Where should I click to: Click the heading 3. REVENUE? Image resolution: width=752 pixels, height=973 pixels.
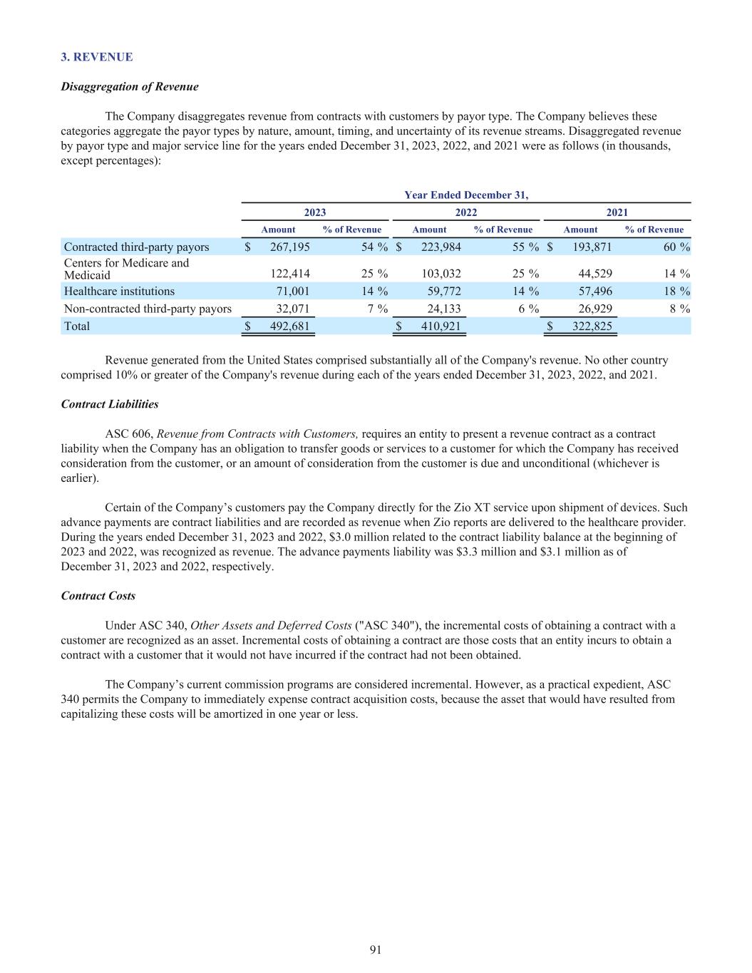(x=97, y=57)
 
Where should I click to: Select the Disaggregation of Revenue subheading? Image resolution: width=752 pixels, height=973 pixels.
(x=130, y=87)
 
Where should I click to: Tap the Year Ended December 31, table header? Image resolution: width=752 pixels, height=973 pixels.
(x=466, y=195)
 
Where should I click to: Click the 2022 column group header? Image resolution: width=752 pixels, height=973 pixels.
(x=466, y=212)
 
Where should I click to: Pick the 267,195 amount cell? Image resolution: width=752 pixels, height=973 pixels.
(x=285, y=247)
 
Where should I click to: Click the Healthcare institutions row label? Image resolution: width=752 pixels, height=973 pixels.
(x=119, y=291)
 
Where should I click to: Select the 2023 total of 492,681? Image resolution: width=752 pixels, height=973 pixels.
(x=287, y=326)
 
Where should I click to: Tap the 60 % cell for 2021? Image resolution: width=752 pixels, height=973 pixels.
(x=674, y=247)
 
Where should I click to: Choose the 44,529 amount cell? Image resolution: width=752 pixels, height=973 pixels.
(x=591, y=273)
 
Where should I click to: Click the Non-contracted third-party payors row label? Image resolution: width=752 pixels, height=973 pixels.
(x=148, y=309)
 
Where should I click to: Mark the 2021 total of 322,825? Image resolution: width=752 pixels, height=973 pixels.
(x=588, y=326)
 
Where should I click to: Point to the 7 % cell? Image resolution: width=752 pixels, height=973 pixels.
(x=377, y=309)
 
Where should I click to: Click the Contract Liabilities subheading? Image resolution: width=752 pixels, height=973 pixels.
(x=110, y=404)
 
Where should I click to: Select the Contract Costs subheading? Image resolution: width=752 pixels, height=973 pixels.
(x=98, y=596)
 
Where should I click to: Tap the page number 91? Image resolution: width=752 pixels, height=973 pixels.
(x=376, y=949)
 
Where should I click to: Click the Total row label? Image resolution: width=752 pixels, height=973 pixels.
(x=77, y=326)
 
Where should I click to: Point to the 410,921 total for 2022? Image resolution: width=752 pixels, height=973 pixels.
(x=438, y=326)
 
